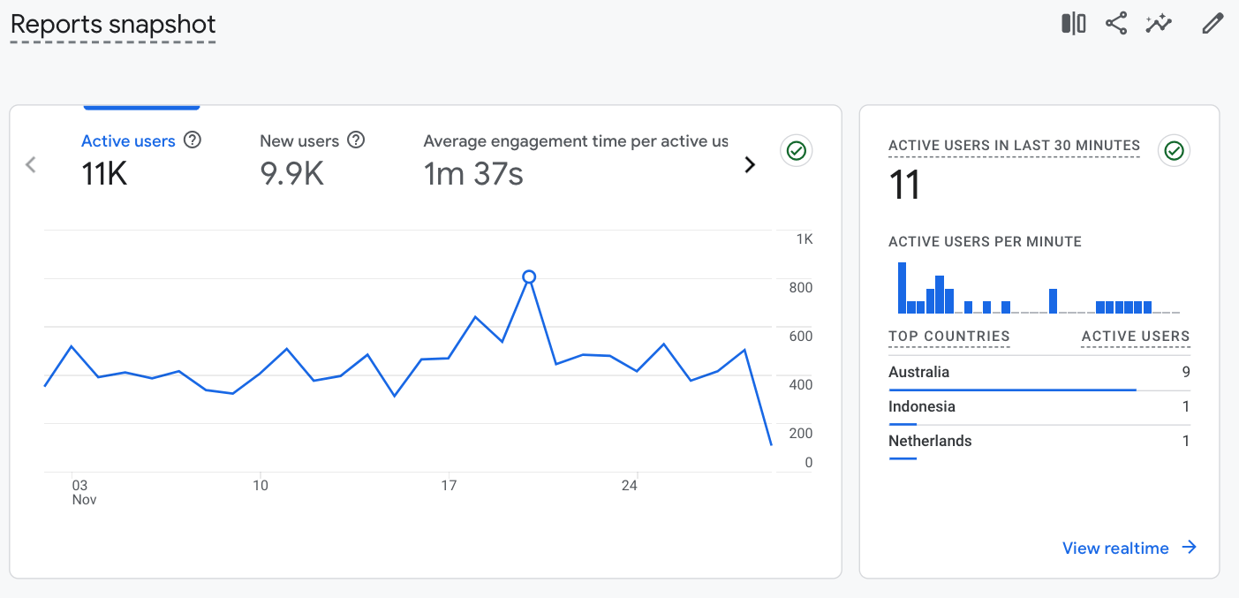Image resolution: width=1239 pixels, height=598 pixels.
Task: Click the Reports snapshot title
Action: [x=113, y=25]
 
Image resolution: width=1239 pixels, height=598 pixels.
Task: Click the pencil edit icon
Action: [x=1213, y=24]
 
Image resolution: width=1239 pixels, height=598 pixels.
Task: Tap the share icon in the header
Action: [x=1116, y=24]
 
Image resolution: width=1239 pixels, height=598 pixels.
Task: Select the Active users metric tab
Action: [x=128, y=141]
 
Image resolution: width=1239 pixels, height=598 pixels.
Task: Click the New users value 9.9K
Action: [x=291, y=174]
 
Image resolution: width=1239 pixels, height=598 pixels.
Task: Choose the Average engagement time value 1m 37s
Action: [x=473, y=174]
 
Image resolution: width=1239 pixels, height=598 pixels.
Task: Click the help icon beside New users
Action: [x=356, y=140]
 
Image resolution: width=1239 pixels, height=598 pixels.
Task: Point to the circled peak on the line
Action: [x=529, y=276]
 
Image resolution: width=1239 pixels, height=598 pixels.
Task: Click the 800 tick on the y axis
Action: [x=800, y=288]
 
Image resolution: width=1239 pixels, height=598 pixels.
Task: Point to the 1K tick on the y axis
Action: [x=804, y=239]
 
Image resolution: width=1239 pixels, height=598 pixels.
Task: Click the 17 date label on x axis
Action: [x=449, y=486]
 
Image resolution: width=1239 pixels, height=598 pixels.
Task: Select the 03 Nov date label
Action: [x=81, y=492]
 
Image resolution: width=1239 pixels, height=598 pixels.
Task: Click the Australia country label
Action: [x=918, y=372]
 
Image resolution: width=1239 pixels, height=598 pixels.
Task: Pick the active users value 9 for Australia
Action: [x=1186, y=372]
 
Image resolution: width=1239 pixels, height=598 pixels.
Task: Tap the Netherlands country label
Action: [x=930, y=441]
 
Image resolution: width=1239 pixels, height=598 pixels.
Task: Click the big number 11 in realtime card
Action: [x=905, y=186]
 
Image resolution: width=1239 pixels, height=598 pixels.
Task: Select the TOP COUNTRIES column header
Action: [x=948, y=337]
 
